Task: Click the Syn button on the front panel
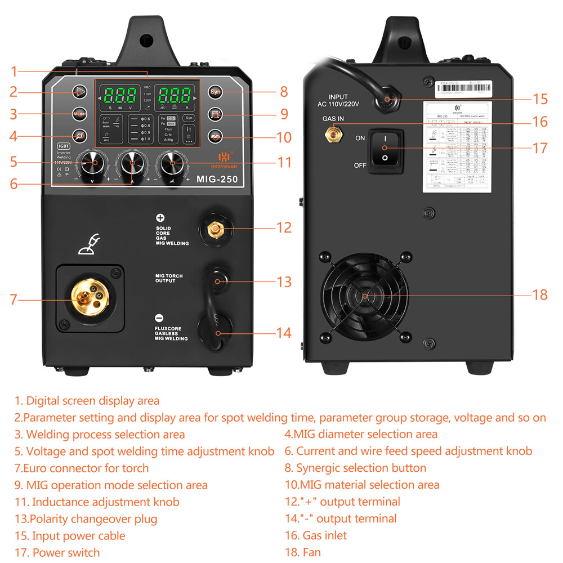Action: coord(215,92)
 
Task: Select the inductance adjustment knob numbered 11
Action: coord(172,163)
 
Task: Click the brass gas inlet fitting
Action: coord(334,133)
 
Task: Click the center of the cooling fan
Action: coord(364,294)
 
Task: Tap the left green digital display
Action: coord(119,94)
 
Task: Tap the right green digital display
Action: coord(172,94)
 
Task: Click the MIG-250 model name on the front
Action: coord(217,180)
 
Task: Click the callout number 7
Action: coord(14,299)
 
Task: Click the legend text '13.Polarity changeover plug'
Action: coord(86,519)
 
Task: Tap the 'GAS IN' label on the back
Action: coord(333,119)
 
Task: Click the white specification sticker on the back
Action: coord(457,148)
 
